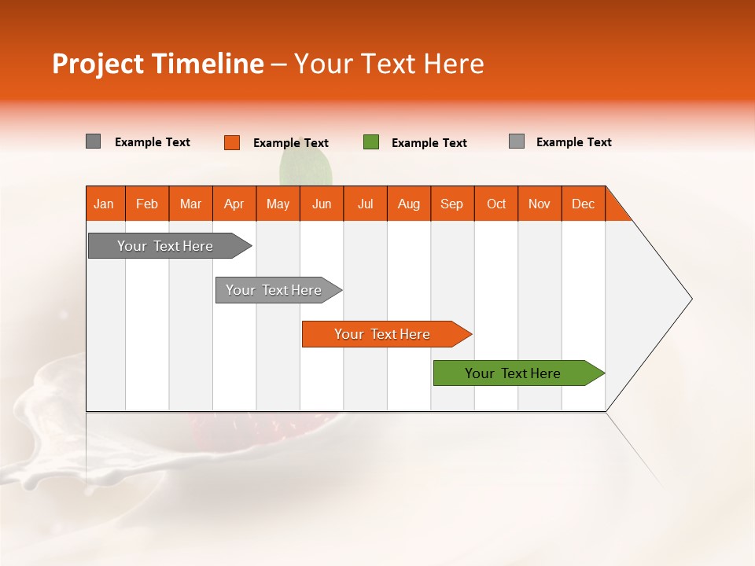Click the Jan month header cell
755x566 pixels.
click(105, 204)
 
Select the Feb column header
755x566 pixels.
click(147, 204)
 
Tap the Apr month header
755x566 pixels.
click(234, 204)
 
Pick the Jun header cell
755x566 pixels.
click(322, 204)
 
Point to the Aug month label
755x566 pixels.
click(409, 204)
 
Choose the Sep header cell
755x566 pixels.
click(452, 204)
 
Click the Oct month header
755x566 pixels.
click(496, 204)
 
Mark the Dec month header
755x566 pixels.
click(584, 204)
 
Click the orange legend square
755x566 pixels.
click(232, 142)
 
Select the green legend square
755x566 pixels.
click(371, 142)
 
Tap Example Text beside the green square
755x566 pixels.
click(429, 143)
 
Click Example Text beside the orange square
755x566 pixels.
click(291, 143)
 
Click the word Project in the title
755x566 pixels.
click(98, 64)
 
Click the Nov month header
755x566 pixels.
click(540, 204)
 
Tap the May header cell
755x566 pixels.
click(278, 204)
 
